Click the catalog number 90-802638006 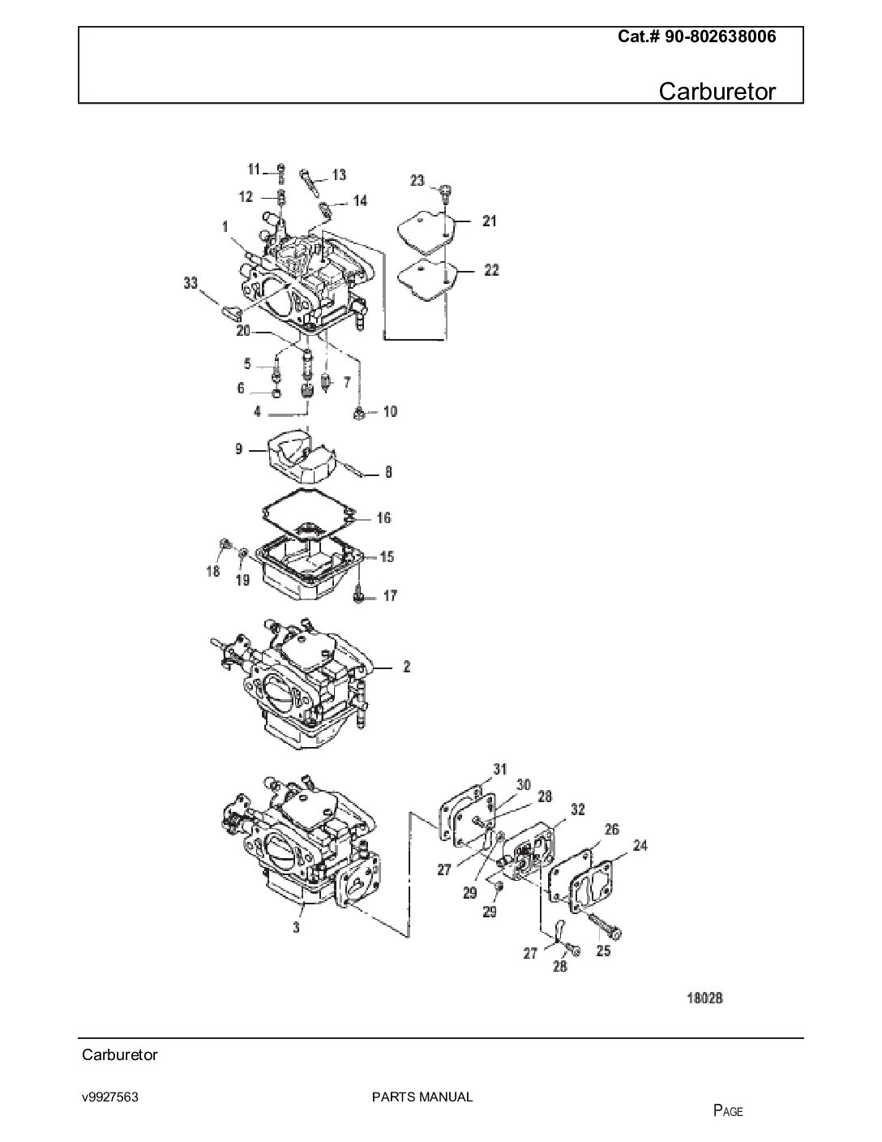coord(720,36)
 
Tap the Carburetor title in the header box coord(717,92)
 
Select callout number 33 coord(191,283)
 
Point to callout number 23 coord(417,181)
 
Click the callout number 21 coord(490,221)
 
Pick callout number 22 coord(491,271)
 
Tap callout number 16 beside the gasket coord(384,518)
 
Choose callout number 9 coord(239,449)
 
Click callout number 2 coord(407,667)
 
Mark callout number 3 coord(296,928)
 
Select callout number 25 coord(604,951)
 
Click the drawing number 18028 coord(705,998)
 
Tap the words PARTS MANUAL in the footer coord(422,1097)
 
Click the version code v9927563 coord(110,1097)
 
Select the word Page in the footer coord(728,1111)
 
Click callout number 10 coord(390,411)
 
